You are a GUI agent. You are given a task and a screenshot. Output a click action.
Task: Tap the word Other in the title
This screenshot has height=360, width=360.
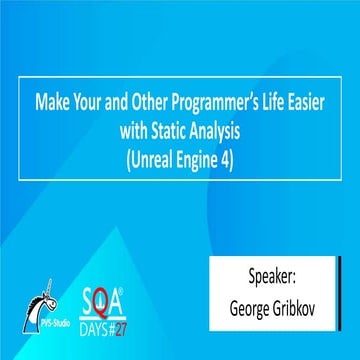point(146,102)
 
